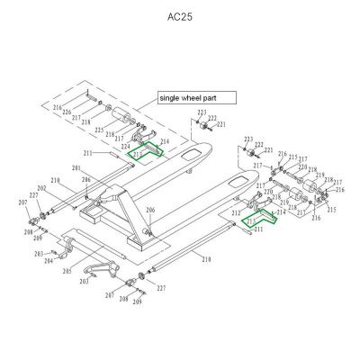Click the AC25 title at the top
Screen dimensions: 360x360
pyautogui.click(x=180, y=17)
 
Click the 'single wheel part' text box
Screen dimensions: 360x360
pyautogui.click(x=195, y=97)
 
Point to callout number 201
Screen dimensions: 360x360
pyautogui.click(x=76, y=169)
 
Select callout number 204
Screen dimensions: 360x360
pyautogui.click(x=49, y=260)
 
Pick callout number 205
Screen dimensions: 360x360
pyautogui.click(x=67, y=271)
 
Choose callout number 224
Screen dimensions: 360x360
pyautogui.click(x=125, y=145)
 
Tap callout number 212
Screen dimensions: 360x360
pyautogui.click(x=235, y=213)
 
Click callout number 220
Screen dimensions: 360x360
pyautogui.click(x=268, y=192)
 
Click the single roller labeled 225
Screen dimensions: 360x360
pyautogui.click(x=118, y=116)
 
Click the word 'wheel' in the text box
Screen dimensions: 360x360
pyautogui.click(x=196, y=97)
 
